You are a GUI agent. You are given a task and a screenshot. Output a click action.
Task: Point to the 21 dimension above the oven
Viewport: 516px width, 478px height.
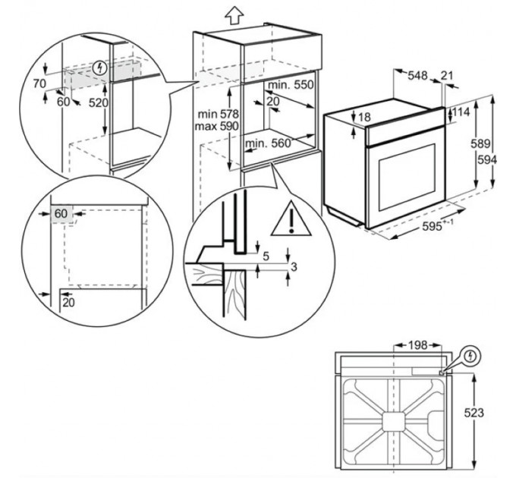click(446, 75)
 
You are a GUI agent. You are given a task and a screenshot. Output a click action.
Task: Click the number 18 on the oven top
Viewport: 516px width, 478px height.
click(364, 118)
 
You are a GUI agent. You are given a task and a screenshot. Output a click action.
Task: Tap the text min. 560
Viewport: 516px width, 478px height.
click(268, 143)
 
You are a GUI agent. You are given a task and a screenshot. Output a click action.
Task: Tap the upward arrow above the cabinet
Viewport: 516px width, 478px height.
click(235, 14)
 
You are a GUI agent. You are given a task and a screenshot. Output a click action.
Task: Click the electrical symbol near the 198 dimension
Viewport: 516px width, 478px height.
click(471, 354)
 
